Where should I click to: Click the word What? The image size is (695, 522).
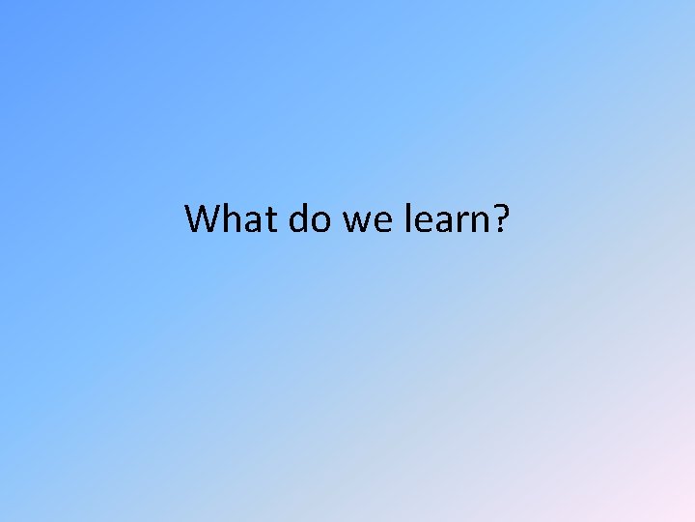(x=229, y=219)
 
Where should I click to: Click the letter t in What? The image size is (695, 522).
(x=267, y=221)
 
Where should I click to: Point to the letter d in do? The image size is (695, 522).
(x=296, y=220)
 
